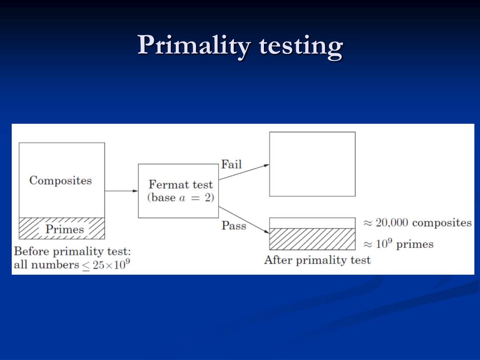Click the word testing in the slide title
(300, 47)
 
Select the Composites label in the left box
(60, 180)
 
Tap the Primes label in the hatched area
(64, 229)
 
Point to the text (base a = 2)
(180, 197)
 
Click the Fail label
(231, 165)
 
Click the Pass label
(233, 225)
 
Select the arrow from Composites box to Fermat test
(121, 191)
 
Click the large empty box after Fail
(312, 164)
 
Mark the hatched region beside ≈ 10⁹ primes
(312, 239)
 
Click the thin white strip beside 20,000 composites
(312, 223)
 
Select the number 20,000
(392, 223)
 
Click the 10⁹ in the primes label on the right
(383, 244)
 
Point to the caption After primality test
(317, 260)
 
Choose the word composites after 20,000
(442, 223)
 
